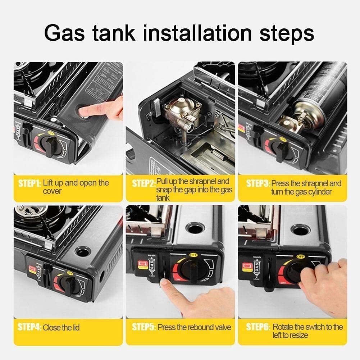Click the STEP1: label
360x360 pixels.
tap(29, 183)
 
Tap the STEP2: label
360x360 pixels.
tap(143, 183)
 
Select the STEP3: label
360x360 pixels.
tap(258, 183)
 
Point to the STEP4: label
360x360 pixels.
tap(29, 327)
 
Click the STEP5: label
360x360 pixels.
tap(143, 327)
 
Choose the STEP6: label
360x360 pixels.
tap(258, 327)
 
